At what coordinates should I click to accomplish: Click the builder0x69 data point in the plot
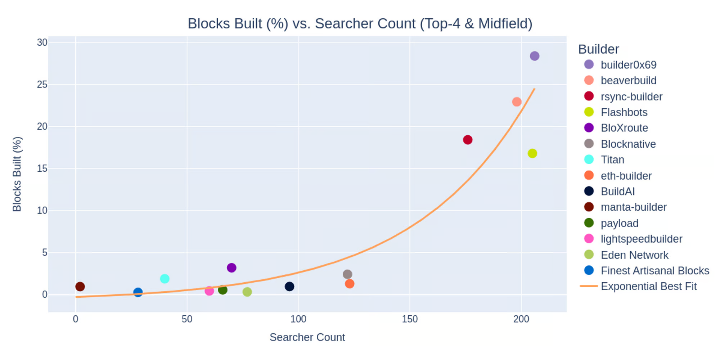tap(534, 56)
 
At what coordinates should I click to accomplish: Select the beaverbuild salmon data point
tap(517, 102)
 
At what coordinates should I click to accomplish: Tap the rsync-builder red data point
tap(468, 140)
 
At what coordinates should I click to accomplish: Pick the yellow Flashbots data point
tap(532, 153)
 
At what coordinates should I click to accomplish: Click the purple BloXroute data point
tap(231, 268)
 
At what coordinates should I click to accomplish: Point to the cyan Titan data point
tap(165, 279)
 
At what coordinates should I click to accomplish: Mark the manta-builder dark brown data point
tap(80, 287)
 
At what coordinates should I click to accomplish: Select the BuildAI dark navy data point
tap(289, 287)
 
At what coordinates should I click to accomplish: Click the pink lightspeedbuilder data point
tap(209, 291)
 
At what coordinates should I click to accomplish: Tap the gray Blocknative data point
tap(347, 274)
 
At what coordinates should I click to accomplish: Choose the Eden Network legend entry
tap(634, 255)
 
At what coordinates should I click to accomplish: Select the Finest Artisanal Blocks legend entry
tap(655, 271)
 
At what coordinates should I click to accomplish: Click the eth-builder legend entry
tap(626, 176)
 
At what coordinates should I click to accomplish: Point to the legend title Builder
tap(598, 49)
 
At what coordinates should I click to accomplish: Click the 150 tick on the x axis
tap(410, 319)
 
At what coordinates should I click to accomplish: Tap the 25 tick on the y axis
tap(42, 85)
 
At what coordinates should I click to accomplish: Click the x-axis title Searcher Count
tap(307, 337)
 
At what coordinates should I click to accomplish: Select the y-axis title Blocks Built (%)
tap(17, 174)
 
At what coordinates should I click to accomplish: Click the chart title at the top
tap(360, 24)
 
